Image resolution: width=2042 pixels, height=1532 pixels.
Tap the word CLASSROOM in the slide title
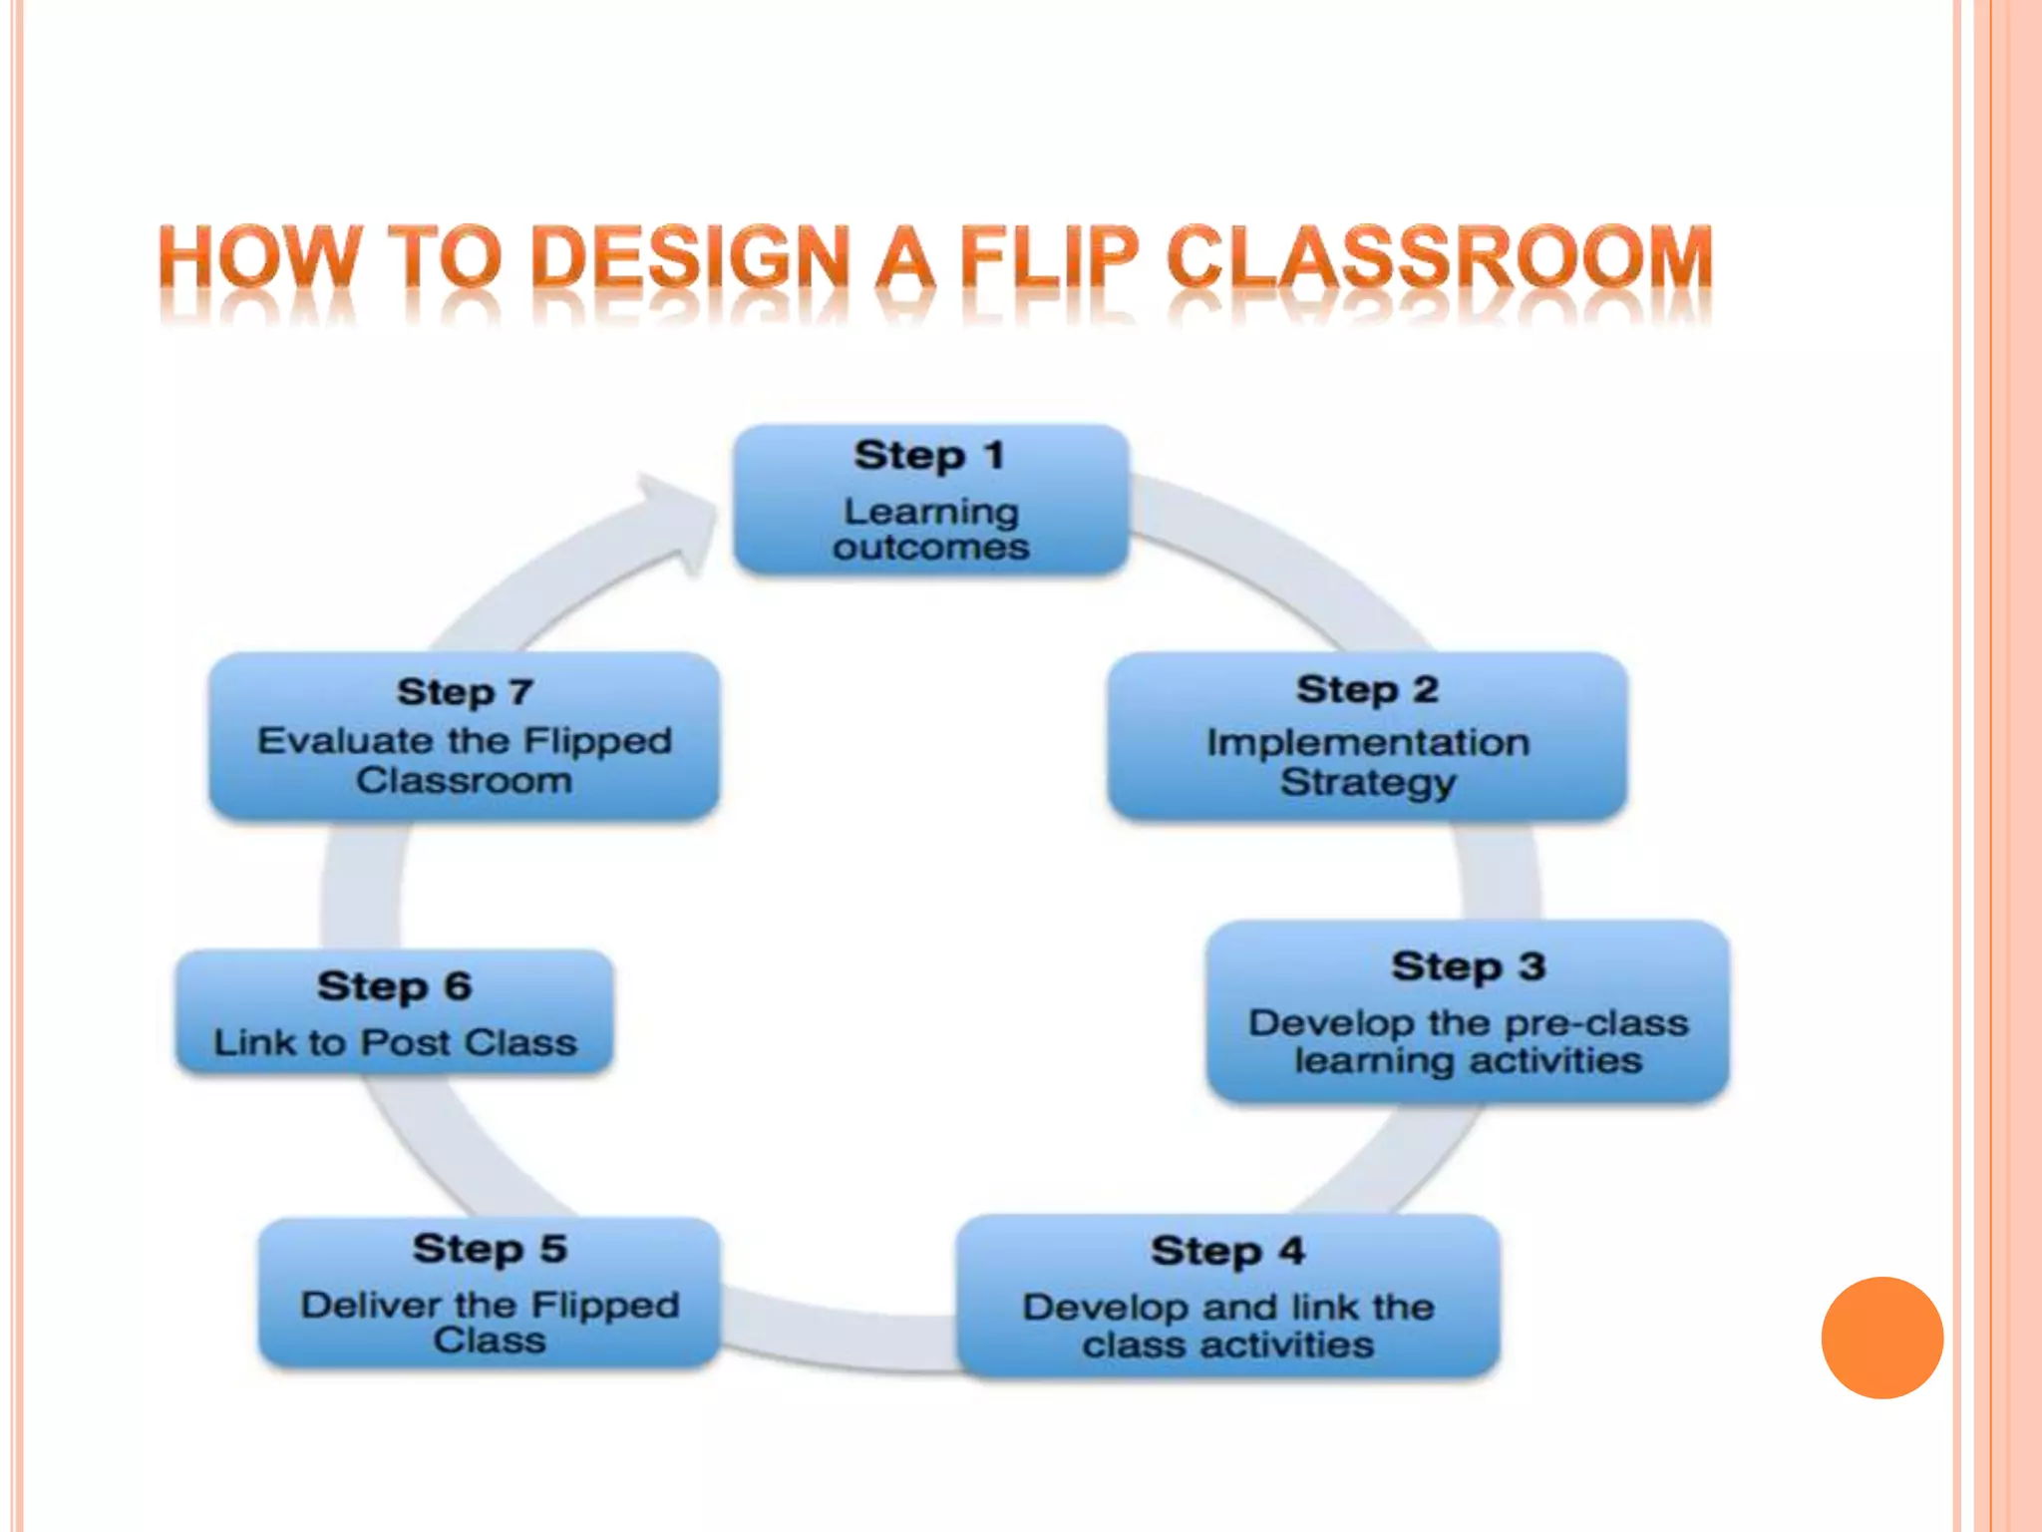1439,257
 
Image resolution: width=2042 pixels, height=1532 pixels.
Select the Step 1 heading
929,456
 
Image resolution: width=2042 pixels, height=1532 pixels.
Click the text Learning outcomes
930,529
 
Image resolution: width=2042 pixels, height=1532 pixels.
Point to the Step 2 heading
1367,689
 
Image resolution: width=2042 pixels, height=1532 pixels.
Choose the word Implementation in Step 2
1367,742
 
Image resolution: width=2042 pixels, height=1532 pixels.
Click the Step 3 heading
1468,966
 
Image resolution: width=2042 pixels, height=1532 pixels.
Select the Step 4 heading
1227,1251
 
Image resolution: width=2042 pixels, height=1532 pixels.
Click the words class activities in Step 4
1227,1344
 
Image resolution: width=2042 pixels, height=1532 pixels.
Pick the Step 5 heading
490,1249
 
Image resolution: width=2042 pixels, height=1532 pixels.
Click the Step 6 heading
394,986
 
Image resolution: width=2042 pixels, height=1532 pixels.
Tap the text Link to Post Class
395,1042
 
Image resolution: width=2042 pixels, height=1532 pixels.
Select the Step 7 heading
465,691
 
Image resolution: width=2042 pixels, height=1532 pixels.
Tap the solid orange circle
1881,1338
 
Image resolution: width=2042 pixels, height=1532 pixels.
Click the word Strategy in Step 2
1367,782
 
